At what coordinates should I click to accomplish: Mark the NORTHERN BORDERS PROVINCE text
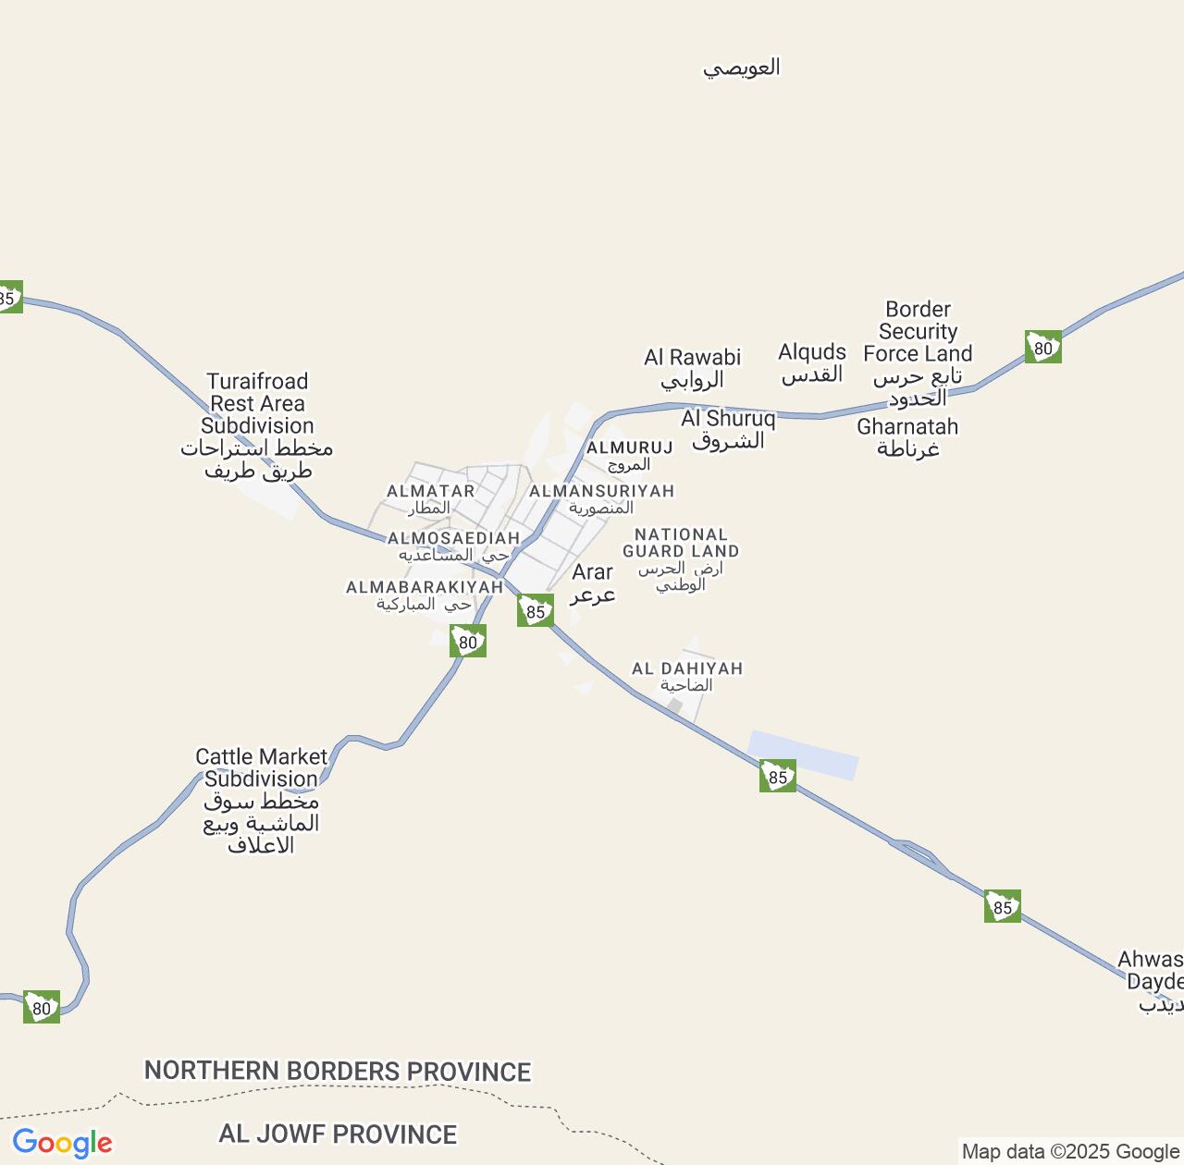point(338,1071)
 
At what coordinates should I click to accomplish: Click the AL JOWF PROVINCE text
point(338,1134)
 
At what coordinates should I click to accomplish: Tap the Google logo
point(62,1143)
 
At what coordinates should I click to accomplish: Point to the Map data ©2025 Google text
point(1070,1151)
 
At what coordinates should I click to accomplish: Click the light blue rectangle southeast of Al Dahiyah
point(803,755)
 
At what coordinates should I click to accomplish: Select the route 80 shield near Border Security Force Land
point(1043,348)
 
